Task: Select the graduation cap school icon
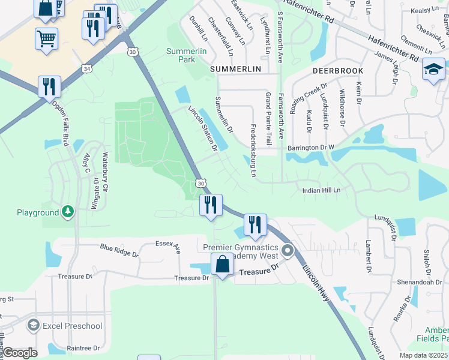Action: pos(433,70)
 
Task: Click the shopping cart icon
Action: pos(47,40)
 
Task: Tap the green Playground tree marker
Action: pos(69,212)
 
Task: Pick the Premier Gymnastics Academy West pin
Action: pos(288,251)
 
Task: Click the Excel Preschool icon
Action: pos(34,326)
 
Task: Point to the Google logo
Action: pos(20,353)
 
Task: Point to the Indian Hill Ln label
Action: pos(321,190)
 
